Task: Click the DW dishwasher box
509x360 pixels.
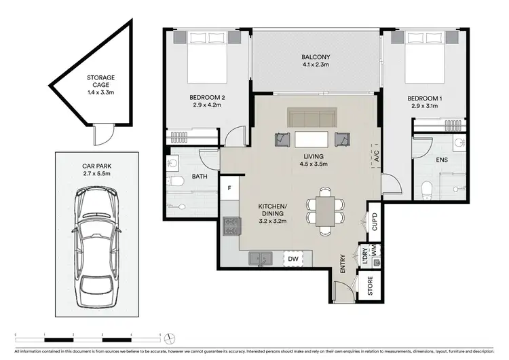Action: [293, 259]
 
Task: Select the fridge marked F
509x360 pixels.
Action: [230, 188]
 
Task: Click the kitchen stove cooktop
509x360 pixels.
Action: [231, 226]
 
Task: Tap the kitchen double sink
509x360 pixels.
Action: [261, 258]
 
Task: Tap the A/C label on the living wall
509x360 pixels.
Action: [374, 157]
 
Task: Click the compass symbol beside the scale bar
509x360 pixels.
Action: [171, 336]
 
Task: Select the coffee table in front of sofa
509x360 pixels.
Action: [311, 139]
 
